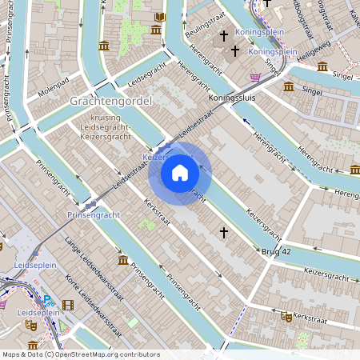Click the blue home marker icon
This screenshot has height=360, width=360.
coord(180,173)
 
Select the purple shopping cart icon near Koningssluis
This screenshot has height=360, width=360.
coord(255,78)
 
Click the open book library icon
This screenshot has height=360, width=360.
coord(160,17)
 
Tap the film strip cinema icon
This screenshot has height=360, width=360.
coord(67,305)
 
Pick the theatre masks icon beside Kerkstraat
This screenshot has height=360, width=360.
coord(286,317)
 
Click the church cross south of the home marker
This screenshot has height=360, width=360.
coord(224,232)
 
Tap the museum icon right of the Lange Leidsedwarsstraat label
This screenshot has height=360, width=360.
coord(122,261)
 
